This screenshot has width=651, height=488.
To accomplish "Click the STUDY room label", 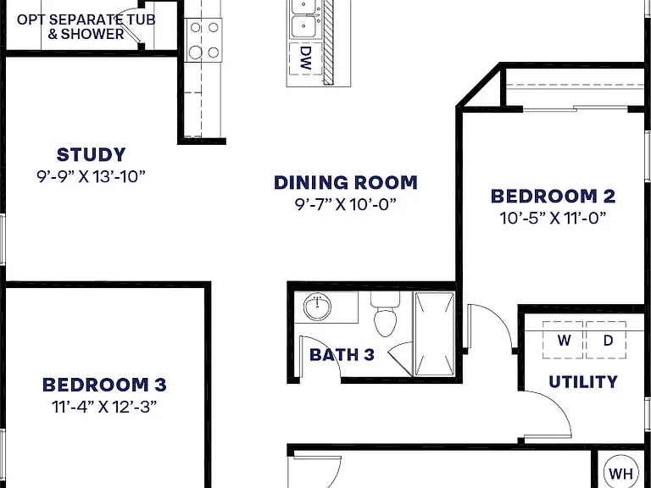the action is tap(91, 155).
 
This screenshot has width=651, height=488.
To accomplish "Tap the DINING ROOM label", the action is tap(346, 183).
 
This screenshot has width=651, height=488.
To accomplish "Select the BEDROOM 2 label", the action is tap(553, 197).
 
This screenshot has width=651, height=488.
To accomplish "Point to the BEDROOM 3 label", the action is tap(104, 385).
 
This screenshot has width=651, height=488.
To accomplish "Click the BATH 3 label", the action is tap(342, 355).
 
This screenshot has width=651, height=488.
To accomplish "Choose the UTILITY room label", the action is tap(583, 382).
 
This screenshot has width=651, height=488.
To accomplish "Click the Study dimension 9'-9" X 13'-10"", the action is tap(91, 177).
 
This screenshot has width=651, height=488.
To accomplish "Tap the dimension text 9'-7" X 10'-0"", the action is tap(346, 204).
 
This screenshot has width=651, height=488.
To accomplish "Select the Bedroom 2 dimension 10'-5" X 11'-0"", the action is tap(553, 218).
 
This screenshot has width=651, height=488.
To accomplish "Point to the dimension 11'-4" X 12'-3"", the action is tap(104, 407).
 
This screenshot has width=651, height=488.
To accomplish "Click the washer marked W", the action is tap(564, 340).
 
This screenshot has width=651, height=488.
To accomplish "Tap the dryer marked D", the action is tap(606, 340).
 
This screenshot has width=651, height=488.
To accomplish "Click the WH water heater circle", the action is tap(621, 472).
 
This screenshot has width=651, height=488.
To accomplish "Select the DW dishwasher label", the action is tap(305, 58).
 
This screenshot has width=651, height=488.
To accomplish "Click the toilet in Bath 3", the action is tap(386, 313).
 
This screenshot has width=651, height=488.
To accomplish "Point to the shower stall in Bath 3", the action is tap(434, 334).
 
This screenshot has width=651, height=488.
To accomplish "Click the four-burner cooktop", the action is tap(203, 40).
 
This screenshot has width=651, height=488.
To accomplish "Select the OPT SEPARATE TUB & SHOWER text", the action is tap(86, 26).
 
